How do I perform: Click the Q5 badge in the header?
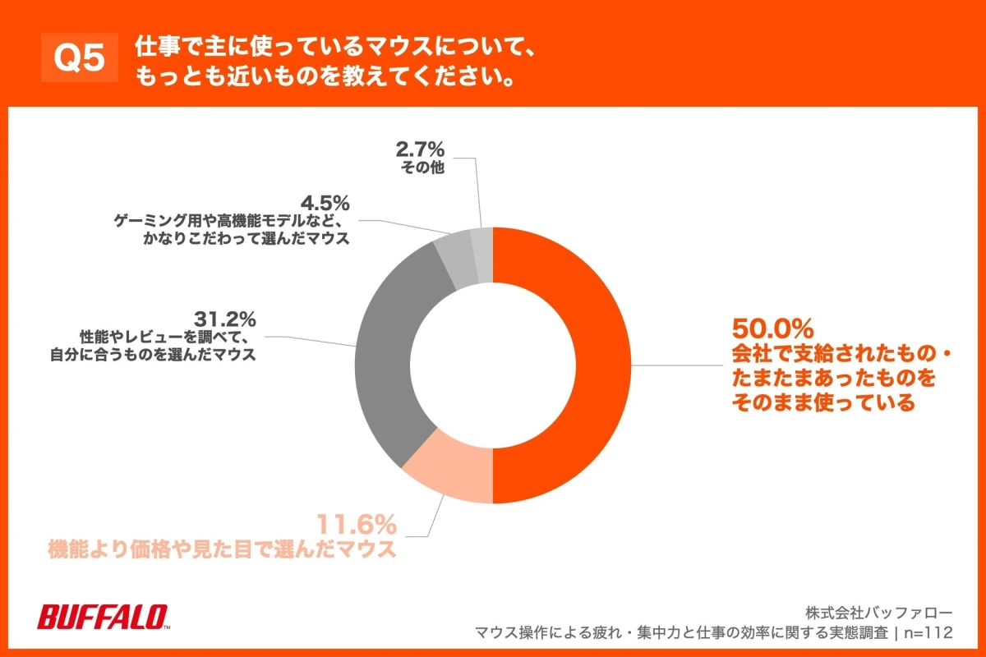click(x=80, y=58)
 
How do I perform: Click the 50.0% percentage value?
click(x=772, y=329)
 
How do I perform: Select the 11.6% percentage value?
click(x=357, y=522)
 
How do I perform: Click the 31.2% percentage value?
click(x=225, y=318)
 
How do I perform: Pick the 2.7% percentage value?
click(x=420, y=149)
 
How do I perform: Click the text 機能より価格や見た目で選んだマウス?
click(x=223, y=549)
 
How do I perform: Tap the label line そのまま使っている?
click(x=822, y=403)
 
